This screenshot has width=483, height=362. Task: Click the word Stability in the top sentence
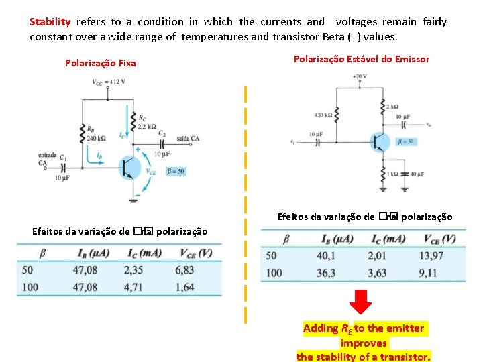pos(50,22)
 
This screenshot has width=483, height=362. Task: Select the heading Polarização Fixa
pos(100,63)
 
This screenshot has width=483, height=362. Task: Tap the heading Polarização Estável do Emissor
pos(362,59)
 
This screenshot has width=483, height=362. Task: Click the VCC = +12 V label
pos(109,82)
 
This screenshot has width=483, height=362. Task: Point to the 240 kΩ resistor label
pos(96,139)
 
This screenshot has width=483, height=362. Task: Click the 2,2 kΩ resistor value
pos(146,126)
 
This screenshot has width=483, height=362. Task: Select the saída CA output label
pos(188,139)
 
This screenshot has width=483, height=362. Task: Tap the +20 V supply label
pos(360,76)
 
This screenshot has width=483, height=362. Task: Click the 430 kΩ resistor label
pos(323,115)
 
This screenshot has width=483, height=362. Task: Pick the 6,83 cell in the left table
pos(184,270)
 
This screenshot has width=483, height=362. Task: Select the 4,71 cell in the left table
pos(134,287)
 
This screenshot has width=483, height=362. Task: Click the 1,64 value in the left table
pos(184,287)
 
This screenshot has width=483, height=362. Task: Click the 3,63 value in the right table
pos(378,273)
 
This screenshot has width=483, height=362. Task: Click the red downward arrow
pos(362,304)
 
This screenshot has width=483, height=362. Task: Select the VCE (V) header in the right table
pos(439,239)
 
